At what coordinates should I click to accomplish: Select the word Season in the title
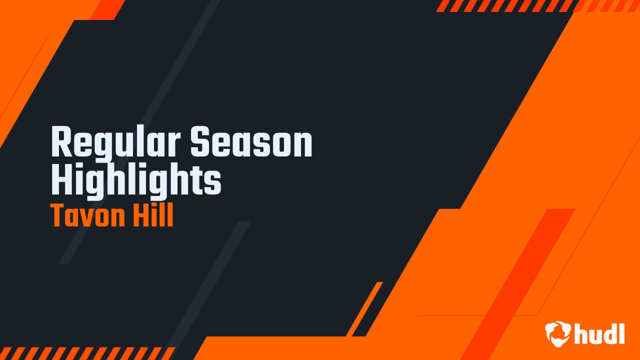tap(251, 143)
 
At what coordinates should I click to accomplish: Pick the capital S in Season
tap(201, 143)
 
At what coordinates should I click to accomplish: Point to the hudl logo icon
tap(557, 333)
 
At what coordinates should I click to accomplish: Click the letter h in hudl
tap(582, 333)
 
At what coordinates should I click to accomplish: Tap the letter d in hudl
tap(610, 333)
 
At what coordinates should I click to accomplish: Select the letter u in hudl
tap(596, 335)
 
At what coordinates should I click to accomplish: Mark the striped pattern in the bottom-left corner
tap(85, 353)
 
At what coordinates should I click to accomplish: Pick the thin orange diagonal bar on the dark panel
tap(364, 308)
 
